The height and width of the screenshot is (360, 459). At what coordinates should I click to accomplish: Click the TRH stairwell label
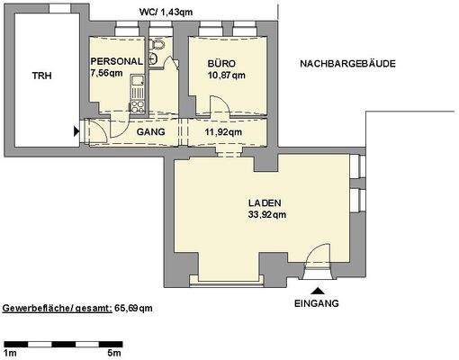41,76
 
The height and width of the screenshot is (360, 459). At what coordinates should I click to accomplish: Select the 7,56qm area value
108,74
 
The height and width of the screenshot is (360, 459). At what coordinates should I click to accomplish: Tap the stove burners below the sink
138,105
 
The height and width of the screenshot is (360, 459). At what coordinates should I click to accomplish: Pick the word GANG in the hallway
149,132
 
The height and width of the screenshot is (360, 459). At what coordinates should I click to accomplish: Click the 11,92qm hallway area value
222,132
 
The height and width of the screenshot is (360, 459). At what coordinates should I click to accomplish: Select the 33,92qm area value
266,215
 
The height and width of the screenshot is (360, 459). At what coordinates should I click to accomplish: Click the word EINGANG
317,303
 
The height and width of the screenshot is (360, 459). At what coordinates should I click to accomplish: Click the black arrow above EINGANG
317,290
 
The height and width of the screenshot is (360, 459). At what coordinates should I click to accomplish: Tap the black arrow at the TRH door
76,132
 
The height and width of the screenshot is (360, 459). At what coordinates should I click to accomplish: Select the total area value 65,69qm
133,308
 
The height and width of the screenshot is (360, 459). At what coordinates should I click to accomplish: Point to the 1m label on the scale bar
10,353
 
